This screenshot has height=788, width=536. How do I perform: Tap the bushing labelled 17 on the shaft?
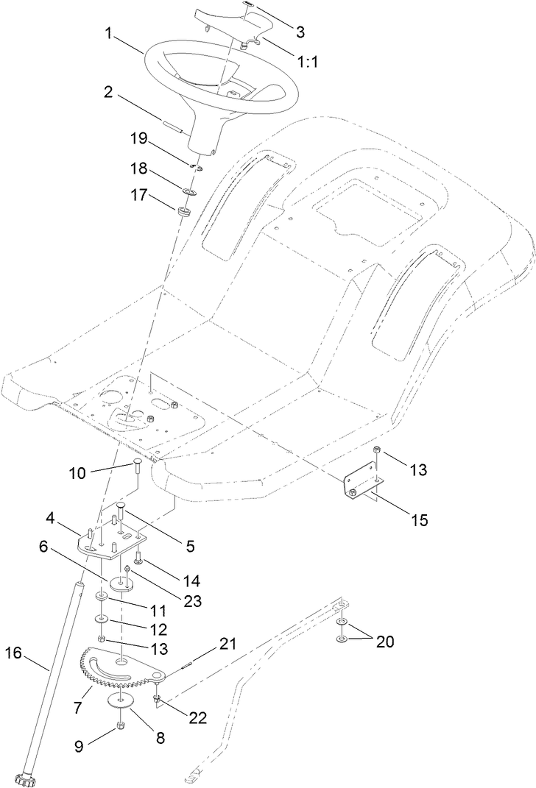point(183,213)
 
